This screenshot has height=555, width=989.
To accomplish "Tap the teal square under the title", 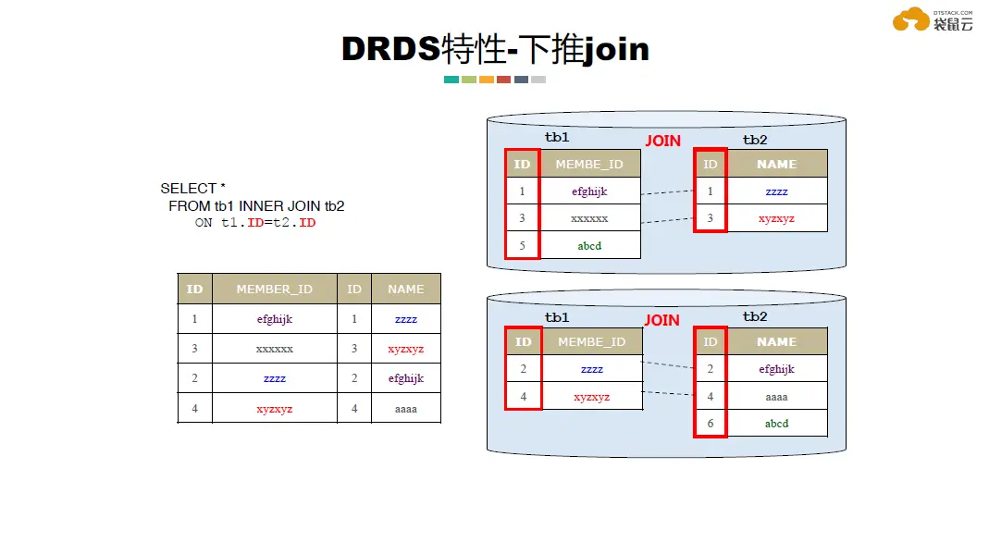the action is [451, 80].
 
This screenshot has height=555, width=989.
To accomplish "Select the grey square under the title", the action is [538, 80].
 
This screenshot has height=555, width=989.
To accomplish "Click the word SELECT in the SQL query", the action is [189, 189].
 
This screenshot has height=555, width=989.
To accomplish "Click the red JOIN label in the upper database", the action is [663, 141].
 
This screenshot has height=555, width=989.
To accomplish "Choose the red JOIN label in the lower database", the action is [661, 320].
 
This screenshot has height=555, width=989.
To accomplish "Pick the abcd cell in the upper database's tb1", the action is [589, 246].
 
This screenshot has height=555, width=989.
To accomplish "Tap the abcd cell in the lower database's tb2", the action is [776, 424].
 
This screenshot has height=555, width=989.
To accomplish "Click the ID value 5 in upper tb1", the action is [522, 246].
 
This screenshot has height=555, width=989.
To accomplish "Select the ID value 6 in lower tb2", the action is [711, 424].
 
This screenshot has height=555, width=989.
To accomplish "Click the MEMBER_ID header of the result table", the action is [275, 289].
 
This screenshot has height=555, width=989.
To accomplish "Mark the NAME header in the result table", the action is [406, 289].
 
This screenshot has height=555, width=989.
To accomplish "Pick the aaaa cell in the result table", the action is [406, 409].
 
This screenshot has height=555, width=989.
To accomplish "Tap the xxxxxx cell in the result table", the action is [275, 349].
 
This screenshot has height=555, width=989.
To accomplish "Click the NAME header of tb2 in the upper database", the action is [776, 164].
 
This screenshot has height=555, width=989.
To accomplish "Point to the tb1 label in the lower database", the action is [557, 317].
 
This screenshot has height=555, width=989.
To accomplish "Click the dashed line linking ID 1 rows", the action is [667, 192].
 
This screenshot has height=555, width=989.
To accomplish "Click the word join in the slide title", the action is [615, 49].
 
